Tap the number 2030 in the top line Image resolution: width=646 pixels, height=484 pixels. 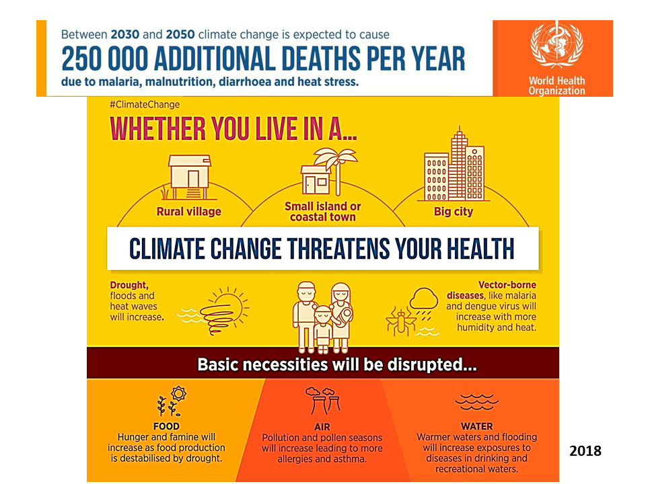pyautogui.click(x=125, y=34)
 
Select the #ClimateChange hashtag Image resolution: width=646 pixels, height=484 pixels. pyautogui.click(x=145, y=105)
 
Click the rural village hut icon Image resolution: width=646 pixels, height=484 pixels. pyautogui.click(x=190, y=177)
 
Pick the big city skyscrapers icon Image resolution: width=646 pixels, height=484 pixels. pyautogui.click(x=454, y=165)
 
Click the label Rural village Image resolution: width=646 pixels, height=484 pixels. pyautogui.click(x=188, y=212)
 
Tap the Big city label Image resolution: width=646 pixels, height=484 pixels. pyautogui.click(x=453, y=212)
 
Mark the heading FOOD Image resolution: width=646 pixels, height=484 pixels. pyautogui.click(x=166, y=426)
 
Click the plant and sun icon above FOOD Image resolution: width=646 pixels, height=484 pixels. pyautogui.click(x=172, y=401)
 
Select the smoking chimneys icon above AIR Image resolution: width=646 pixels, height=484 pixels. pyautogui.click(x=322, y=401)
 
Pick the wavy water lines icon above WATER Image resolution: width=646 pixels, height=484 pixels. pyautogui.click(x=476, y=402)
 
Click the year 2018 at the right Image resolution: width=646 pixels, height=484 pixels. pyautogui.click(x=585, y=451)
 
